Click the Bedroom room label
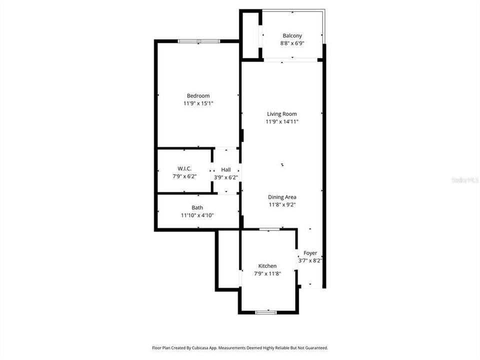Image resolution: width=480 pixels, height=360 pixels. click(198, 96)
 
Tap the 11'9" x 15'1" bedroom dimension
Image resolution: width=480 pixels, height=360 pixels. click(198, 103)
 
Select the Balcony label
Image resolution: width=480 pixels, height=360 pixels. click(292, 35)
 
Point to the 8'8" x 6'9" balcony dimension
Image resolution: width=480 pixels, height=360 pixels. click(292, 43)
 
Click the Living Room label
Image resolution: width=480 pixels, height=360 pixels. click(282, 114)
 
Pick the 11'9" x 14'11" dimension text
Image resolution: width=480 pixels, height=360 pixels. click(282, 121)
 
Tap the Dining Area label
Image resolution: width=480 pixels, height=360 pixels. click(282, 197)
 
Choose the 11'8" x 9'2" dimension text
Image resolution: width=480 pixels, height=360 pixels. click(282, 204)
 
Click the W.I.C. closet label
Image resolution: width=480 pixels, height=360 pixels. click(184, 168)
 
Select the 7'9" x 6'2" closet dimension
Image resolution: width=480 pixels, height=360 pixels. click(184, 176)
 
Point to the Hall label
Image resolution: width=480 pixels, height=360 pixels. click(226, 169)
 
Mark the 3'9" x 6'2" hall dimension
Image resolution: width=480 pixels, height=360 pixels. click(226, 177)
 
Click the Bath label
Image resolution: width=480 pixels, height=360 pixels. click(197, 207)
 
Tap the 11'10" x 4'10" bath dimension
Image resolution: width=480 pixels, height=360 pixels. click(197, 215)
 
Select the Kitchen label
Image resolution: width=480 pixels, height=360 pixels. click(267, 266)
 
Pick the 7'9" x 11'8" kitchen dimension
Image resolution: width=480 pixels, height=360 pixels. click(267, 273)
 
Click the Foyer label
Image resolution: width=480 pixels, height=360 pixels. click(310, 253)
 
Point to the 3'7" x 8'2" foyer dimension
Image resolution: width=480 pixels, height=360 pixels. click(310, 260)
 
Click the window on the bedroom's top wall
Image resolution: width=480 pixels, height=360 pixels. click(198, 41)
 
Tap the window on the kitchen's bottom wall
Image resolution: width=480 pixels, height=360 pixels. click(266, 312)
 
